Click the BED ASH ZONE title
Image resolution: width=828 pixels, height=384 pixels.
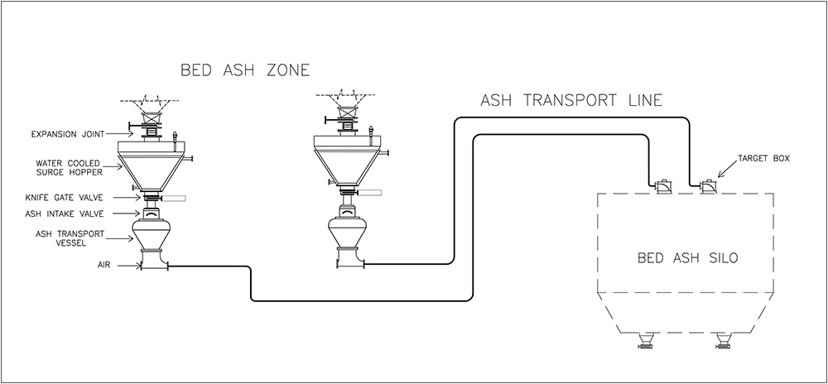click(245, 70)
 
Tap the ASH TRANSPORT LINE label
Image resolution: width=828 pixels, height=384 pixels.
click(572, 102)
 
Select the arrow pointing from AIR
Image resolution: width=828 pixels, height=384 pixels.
click(128, 266)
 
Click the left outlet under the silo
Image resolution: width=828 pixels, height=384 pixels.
click(645, 339)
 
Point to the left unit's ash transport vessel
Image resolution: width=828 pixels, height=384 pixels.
click(154, 236)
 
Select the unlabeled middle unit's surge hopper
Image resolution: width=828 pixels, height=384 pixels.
click(347, 161)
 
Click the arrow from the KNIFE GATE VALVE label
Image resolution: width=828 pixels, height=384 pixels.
click(128, 198)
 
